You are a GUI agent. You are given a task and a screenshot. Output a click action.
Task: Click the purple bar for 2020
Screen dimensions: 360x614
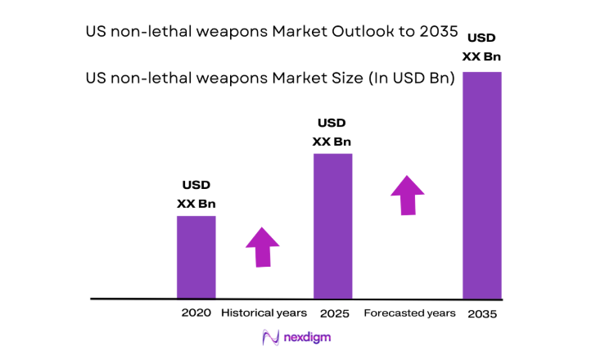[196, 257]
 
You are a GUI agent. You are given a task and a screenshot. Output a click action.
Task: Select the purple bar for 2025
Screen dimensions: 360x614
[333, 226]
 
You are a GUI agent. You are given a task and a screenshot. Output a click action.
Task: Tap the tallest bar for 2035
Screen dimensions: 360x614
[481, 185]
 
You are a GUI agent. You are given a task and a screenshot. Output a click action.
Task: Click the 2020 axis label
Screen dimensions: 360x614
[196, 313]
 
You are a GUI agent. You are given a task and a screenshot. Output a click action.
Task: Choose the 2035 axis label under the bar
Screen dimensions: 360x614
[481, 314]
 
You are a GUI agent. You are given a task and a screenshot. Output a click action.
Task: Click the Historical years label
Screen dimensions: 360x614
[264, 313]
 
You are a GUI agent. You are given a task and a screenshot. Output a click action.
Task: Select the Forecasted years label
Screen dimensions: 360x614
[409, 313]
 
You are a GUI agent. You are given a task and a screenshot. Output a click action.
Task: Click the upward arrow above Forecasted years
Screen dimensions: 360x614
[407, 194]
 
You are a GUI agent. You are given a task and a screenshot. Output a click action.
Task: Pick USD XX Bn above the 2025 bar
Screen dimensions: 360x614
[332, 132]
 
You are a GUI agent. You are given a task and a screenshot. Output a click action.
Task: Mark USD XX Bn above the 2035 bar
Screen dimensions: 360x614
[481, 47]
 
